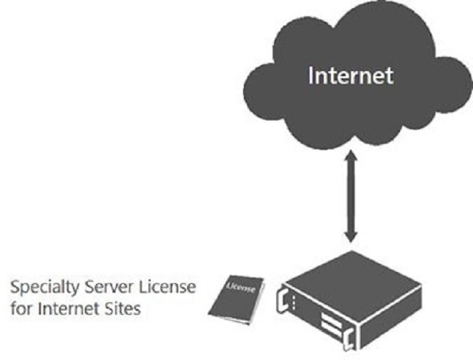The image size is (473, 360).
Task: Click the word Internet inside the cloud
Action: (351, 75)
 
